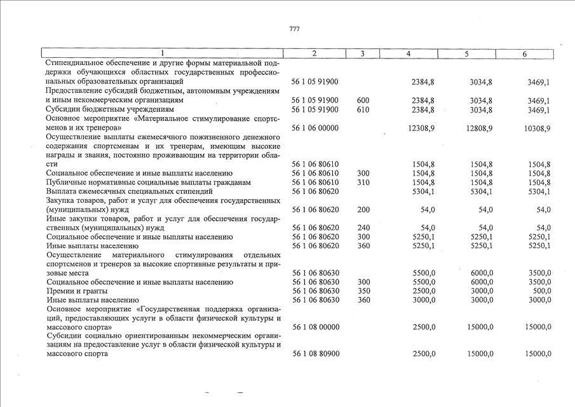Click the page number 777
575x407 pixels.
tap(294, 29)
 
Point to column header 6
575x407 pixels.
tap(525, 54)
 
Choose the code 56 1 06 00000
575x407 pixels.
tap(315, 128)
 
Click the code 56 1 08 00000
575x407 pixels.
tap(315, 327)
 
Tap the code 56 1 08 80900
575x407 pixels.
tap(315, 354)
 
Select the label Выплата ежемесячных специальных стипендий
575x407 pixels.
tap(130, 191)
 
